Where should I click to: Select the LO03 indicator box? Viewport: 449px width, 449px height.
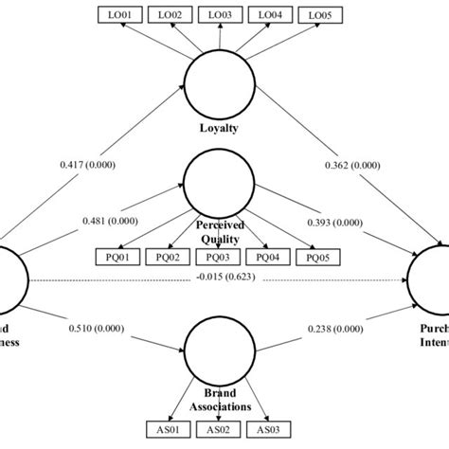coord(220,14)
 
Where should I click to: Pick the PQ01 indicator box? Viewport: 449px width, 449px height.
coord(117,257)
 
